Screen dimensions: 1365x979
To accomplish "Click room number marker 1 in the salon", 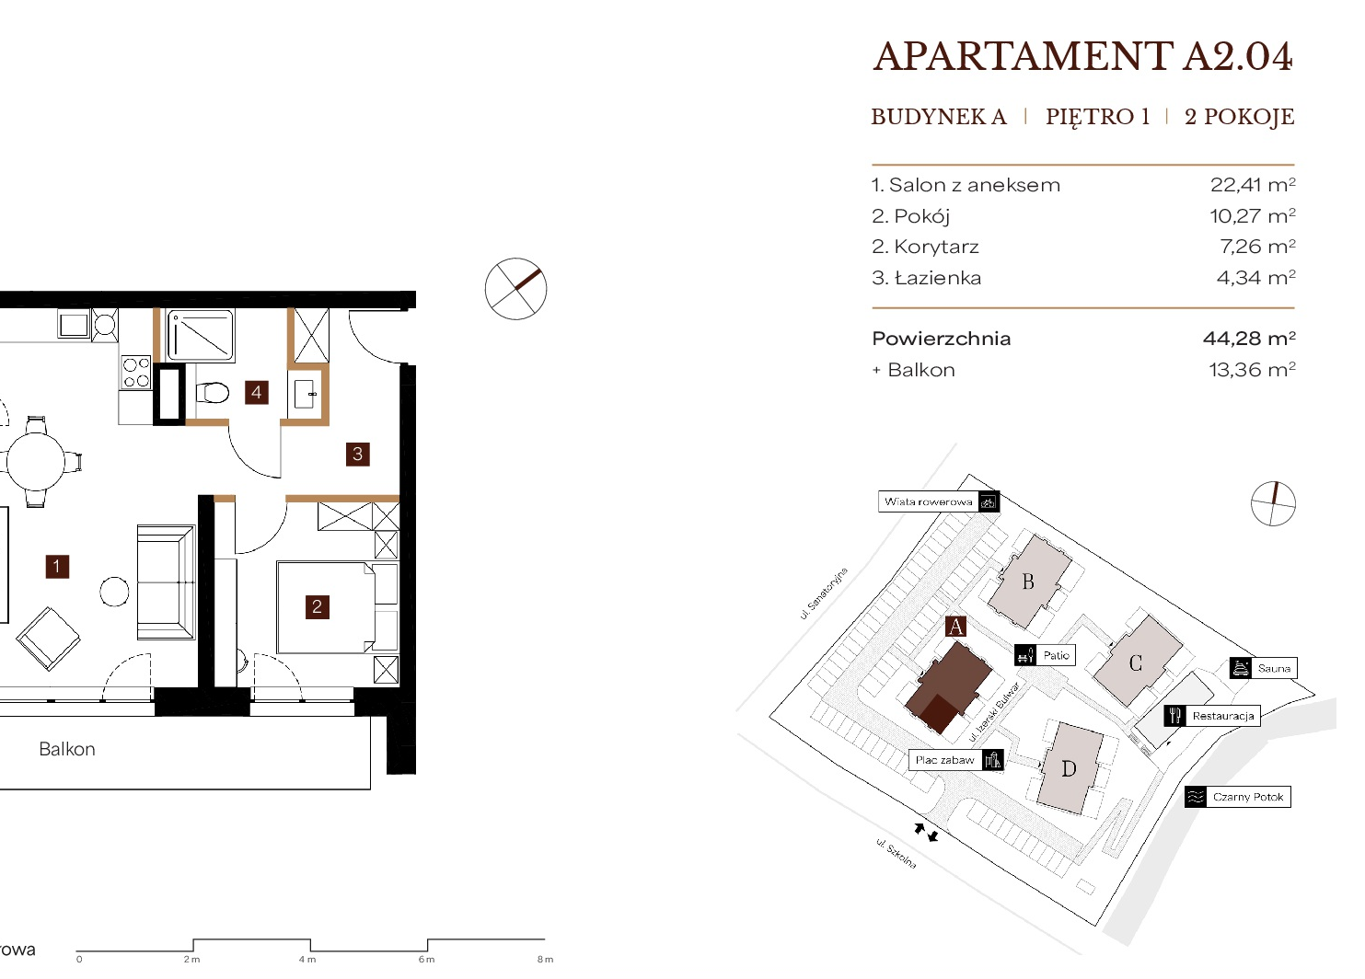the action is click(x=57, y=567).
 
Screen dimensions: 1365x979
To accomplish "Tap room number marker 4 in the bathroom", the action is click(x=257, y=392).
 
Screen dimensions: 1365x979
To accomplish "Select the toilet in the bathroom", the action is click(x=212, y=392).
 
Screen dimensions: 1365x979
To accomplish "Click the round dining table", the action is click(x=35, y=461).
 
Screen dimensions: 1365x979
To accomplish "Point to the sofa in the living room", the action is click(x=166, y=582).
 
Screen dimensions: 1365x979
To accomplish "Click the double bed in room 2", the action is click(x=337, y=607).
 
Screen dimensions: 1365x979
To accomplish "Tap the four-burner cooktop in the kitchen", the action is click(x=136, y=373).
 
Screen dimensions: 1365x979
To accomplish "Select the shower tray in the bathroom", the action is click(x=201, y=335).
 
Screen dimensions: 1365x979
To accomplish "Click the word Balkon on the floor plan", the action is click(x=67, y=749).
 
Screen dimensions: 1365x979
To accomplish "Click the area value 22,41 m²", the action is click(x=1253, y=185).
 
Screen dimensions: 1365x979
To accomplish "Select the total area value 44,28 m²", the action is click(x=1249, y=338).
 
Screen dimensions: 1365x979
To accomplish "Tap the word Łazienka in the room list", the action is click(x=938, y=278).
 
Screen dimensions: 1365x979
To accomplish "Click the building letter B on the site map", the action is click(x=1028, y=582).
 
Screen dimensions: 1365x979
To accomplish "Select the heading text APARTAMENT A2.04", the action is click(x=1082, y=57).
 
